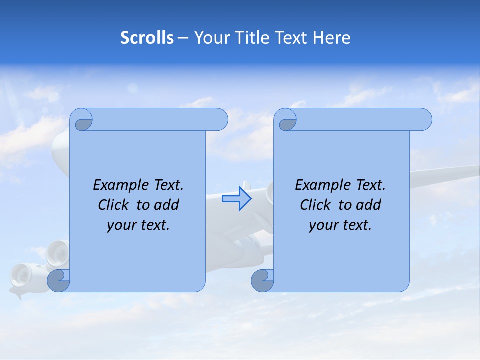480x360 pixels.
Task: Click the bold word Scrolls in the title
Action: pos(147,38)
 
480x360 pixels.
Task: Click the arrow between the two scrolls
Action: pos(236,199)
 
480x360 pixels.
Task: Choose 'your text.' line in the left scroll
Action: pos(138,225)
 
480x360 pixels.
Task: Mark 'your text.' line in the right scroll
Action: pos(340,225)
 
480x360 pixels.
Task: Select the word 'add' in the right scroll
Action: pos(369,205)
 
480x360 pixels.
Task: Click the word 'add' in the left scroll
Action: pos(167,205)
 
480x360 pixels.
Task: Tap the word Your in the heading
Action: pos(210,38)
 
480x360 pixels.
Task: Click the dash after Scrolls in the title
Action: pos(183,38)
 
